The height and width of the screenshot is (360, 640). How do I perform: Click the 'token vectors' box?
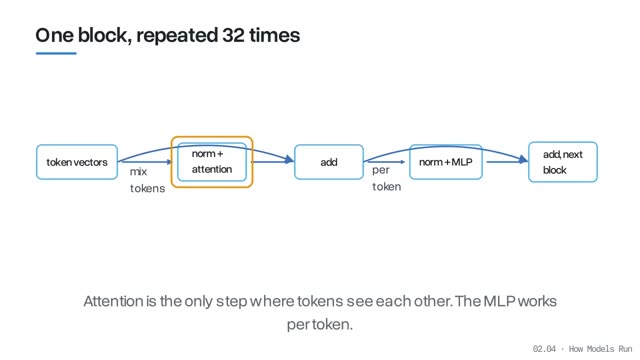77,162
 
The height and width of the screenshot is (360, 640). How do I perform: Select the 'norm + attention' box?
212,162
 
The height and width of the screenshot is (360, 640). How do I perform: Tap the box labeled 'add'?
329,162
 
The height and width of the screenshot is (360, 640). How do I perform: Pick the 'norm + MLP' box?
446,162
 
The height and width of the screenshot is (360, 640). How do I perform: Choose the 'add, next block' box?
563,162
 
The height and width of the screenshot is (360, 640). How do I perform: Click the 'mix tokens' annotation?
147,180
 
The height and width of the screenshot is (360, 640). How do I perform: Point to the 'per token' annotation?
387,178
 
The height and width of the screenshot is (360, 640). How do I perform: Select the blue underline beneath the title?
56,53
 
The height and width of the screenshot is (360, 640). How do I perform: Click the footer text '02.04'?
544,349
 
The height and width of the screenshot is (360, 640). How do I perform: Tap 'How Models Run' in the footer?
600,349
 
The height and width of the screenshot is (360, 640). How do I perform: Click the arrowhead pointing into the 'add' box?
289,160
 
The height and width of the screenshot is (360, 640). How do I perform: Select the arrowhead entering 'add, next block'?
524,160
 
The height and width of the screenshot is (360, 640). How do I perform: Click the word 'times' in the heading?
275,35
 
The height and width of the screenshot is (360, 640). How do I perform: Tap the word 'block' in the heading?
104,35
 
